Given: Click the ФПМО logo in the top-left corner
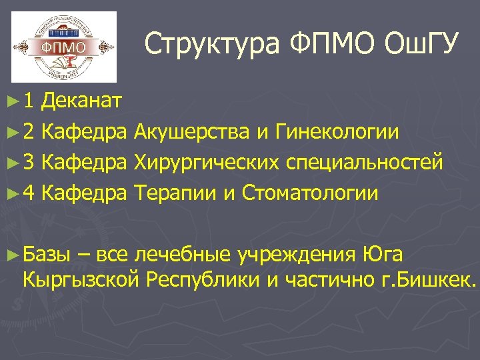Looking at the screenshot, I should (x=64, y=47).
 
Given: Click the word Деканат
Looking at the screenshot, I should (x=81, y=101).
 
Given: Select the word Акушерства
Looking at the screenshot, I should (x=191, y=132).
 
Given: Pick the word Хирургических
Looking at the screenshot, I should (x=205, y=163).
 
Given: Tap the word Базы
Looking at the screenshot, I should (x=46, y=255).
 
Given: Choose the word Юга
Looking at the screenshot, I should (x=383, y=255).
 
